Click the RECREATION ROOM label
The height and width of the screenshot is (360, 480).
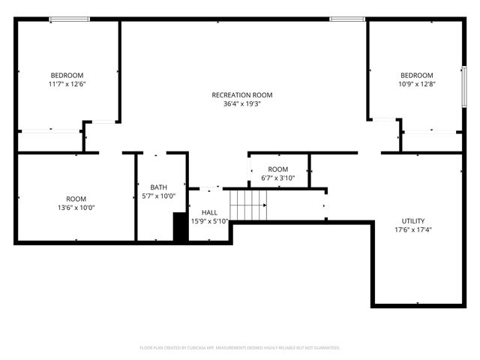click(241, 95)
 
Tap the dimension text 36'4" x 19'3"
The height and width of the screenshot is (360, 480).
click(241, 104)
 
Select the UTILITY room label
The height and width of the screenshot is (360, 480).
click(413, 220)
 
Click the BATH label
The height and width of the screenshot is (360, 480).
click(158, 187)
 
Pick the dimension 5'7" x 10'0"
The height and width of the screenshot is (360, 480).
click(158, 196)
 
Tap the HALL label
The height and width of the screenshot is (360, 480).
click(209, 212)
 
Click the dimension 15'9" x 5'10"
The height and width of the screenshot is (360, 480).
click(209, 221)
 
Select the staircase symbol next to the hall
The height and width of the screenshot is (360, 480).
click(248, 205)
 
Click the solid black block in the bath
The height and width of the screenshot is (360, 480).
click(180, 227)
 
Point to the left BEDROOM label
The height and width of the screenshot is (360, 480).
click(67, 75)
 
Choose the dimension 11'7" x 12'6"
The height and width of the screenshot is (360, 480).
click(67, 84)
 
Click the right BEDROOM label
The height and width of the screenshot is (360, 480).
click(416, 75)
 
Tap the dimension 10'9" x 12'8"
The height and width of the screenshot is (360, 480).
click(416, 84)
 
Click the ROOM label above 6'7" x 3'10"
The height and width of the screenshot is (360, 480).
click(277, 169)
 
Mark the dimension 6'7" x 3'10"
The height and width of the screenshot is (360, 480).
click(277, 178)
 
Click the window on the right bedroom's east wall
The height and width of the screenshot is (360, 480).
click(464, 87)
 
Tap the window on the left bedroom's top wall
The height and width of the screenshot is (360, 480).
click(70, 19)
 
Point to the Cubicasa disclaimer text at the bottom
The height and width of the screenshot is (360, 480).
click(240, 348)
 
